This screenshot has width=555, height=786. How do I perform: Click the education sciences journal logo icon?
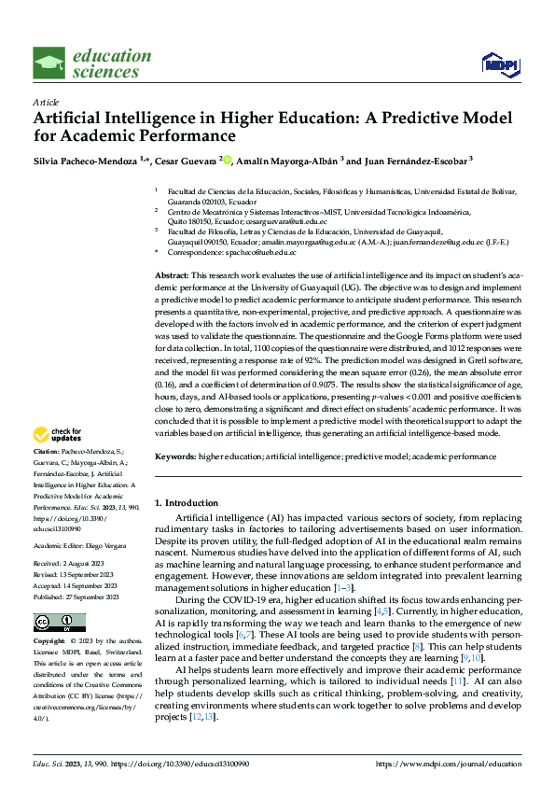49,64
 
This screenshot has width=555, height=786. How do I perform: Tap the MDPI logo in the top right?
499,63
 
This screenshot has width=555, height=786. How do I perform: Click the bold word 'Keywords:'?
175,456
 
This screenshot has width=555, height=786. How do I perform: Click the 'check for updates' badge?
58,435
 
